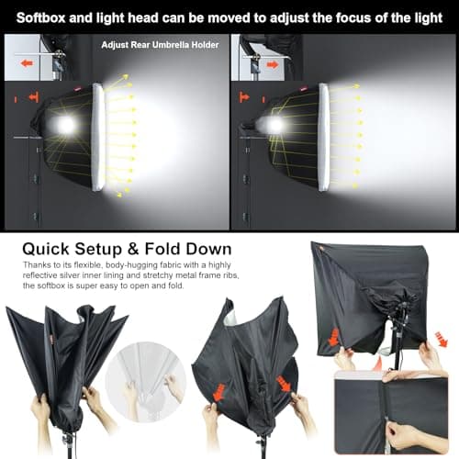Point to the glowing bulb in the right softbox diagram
[273, 123]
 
